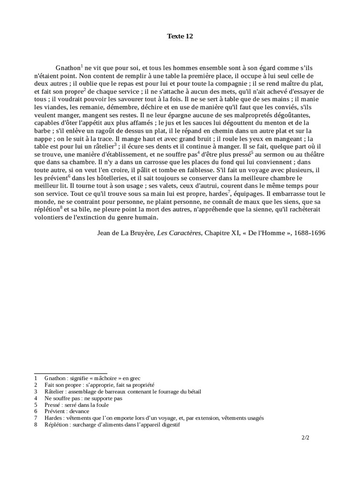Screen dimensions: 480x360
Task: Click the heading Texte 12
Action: [180, 36]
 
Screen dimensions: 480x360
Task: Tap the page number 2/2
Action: [306, 438]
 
